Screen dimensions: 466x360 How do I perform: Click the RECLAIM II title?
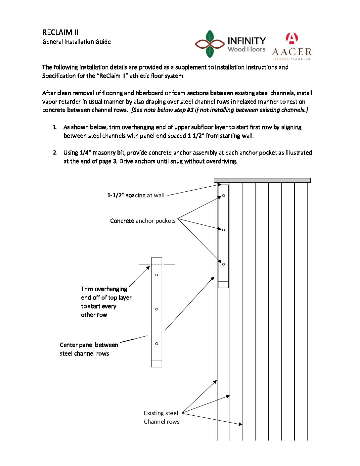click(60, 32)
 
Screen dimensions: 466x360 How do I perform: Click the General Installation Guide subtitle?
click(76, 42)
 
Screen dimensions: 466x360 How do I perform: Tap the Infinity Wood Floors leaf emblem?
click(210, 44)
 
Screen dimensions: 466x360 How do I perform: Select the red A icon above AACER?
click(292, 38)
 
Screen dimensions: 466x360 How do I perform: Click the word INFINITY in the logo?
click(247, 41)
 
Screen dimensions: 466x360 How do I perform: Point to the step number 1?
click(55, 127)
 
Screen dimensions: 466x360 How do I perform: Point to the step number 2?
click(55, 153)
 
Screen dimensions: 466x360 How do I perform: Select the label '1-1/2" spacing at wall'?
click(136, 195)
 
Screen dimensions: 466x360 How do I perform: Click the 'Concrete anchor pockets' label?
click(143, 221)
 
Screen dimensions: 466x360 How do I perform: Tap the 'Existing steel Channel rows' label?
click(161, 417)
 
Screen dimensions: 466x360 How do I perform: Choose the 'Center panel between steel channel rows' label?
click(89, 349)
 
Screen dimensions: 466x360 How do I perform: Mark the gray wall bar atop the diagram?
click(262, 180)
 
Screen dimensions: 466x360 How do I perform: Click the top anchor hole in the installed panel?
click(224, 196)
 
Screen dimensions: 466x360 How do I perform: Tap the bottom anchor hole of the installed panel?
click(224, 264)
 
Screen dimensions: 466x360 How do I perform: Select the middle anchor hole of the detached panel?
click(157, 309)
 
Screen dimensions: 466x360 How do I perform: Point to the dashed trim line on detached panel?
click(157, 264)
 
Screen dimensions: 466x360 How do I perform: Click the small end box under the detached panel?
click(157, 364)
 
